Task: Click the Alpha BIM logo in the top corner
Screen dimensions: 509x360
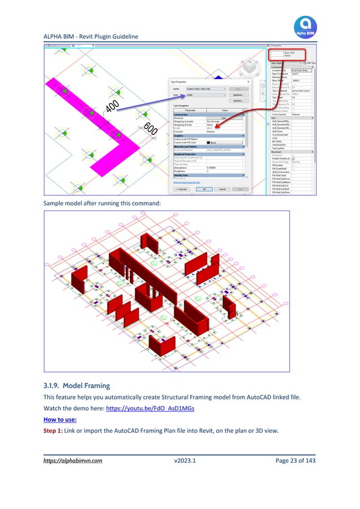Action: pos(305,28)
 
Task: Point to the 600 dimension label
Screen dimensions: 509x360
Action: pos(150,129)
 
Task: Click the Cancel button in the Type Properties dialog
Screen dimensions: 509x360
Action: pos(222,189)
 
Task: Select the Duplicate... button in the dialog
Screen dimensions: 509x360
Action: pos(238,95)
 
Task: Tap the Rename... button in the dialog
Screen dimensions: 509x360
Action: pos(238,100)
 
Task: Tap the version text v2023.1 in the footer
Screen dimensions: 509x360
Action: pos(186,460)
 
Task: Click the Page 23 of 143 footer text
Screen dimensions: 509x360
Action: pos(291,460)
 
